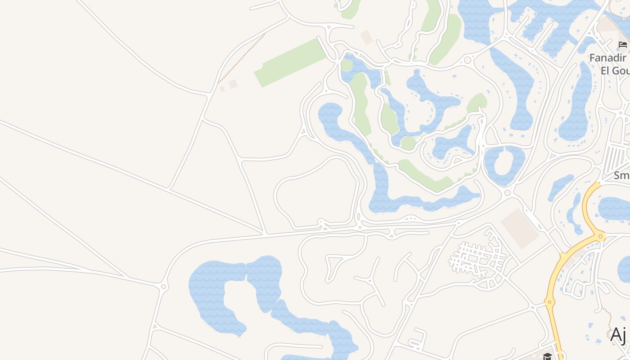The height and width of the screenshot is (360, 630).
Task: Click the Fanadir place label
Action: tap(608, 58)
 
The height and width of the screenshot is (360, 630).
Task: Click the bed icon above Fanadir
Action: tap(623, 44)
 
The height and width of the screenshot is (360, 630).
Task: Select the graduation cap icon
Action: tap(547, 356)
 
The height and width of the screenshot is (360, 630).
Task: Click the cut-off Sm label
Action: tap(621, 175)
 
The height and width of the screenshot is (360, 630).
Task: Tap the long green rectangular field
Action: tap(290, 63)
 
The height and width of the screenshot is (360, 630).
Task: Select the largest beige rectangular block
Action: tap(520, 228)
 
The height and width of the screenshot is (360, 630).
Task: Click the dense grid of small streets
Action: tap(477, 259)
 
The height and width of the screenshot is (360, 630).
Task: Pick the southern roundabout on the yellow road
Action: tap(549, 301)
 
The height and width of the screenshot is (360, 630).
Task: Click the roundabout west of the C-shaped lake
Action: tap(164, 286)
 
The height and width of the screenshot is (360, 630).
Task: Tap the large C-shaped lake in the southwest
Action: tap(216, 292)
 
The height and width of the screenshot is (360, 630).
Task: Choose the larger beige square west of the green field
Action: tap(233, 84)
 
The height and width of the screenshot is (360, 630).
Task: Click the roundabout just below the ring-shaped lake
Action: tap(508, 193)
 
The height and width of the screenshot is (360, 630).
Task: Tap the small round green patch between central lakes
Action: tap(408, 143)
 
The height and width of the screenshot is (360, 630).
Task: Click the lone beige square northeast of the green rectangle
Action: tap(367, 37)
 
